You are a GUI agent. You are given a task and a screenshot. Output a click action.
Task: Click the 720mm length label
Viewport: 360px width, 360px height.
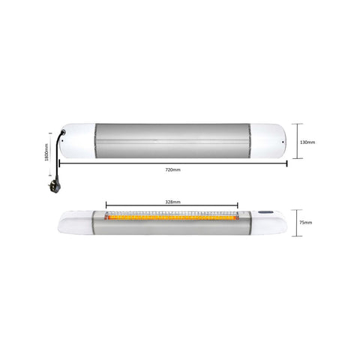(172, 169)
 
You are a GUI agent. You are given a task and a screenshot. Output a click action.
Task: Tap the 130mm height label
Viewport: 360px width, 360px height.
(307, 142)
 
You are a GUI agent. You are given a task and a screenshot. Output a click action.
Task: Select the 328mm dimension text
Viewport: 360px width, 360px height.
(172, 202)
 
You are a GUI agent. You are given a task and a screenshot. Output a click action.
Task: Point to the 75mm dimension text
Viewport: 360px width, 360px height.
(305, 223)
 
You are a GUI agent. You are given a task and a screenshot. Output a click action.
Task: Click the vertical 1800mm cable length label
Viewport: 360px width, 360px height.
(46, 152)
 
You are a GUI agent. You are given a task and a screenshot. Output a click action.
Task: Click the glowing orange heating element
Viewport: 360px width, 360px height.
(172, 217)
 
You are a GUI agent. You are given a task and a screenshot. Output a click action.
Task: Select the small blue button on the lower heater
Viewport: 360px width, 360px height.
(265, 212)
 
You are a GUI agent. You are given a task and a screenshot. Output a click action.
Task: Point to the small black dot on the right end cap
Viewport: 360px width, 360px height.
(283, 142)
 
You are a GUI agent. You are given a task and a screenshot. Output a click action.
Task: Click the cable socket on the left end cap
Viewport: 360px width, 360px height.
(64, 132)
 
